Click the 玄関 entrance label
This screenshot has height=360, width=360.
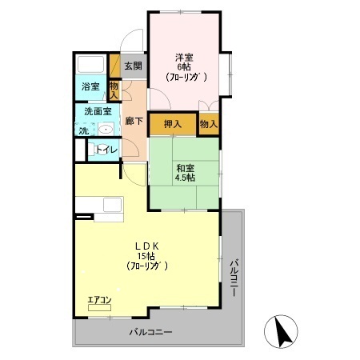point(133,66)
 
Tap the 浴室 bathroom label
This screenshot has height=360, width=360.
point(90,87)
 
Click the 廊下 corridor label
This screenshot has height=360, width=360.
point(134,122)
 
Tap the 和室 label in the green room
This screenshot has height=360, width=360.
point(186,168)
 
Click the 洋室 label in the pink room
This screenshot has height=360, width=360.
point(185,58)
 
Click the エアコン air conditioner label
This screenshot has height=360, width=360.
point(100,300)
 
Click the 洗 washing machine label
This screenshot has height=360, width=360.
point(82,130)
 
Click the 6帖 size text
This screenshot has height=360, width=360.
point(185,68)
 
